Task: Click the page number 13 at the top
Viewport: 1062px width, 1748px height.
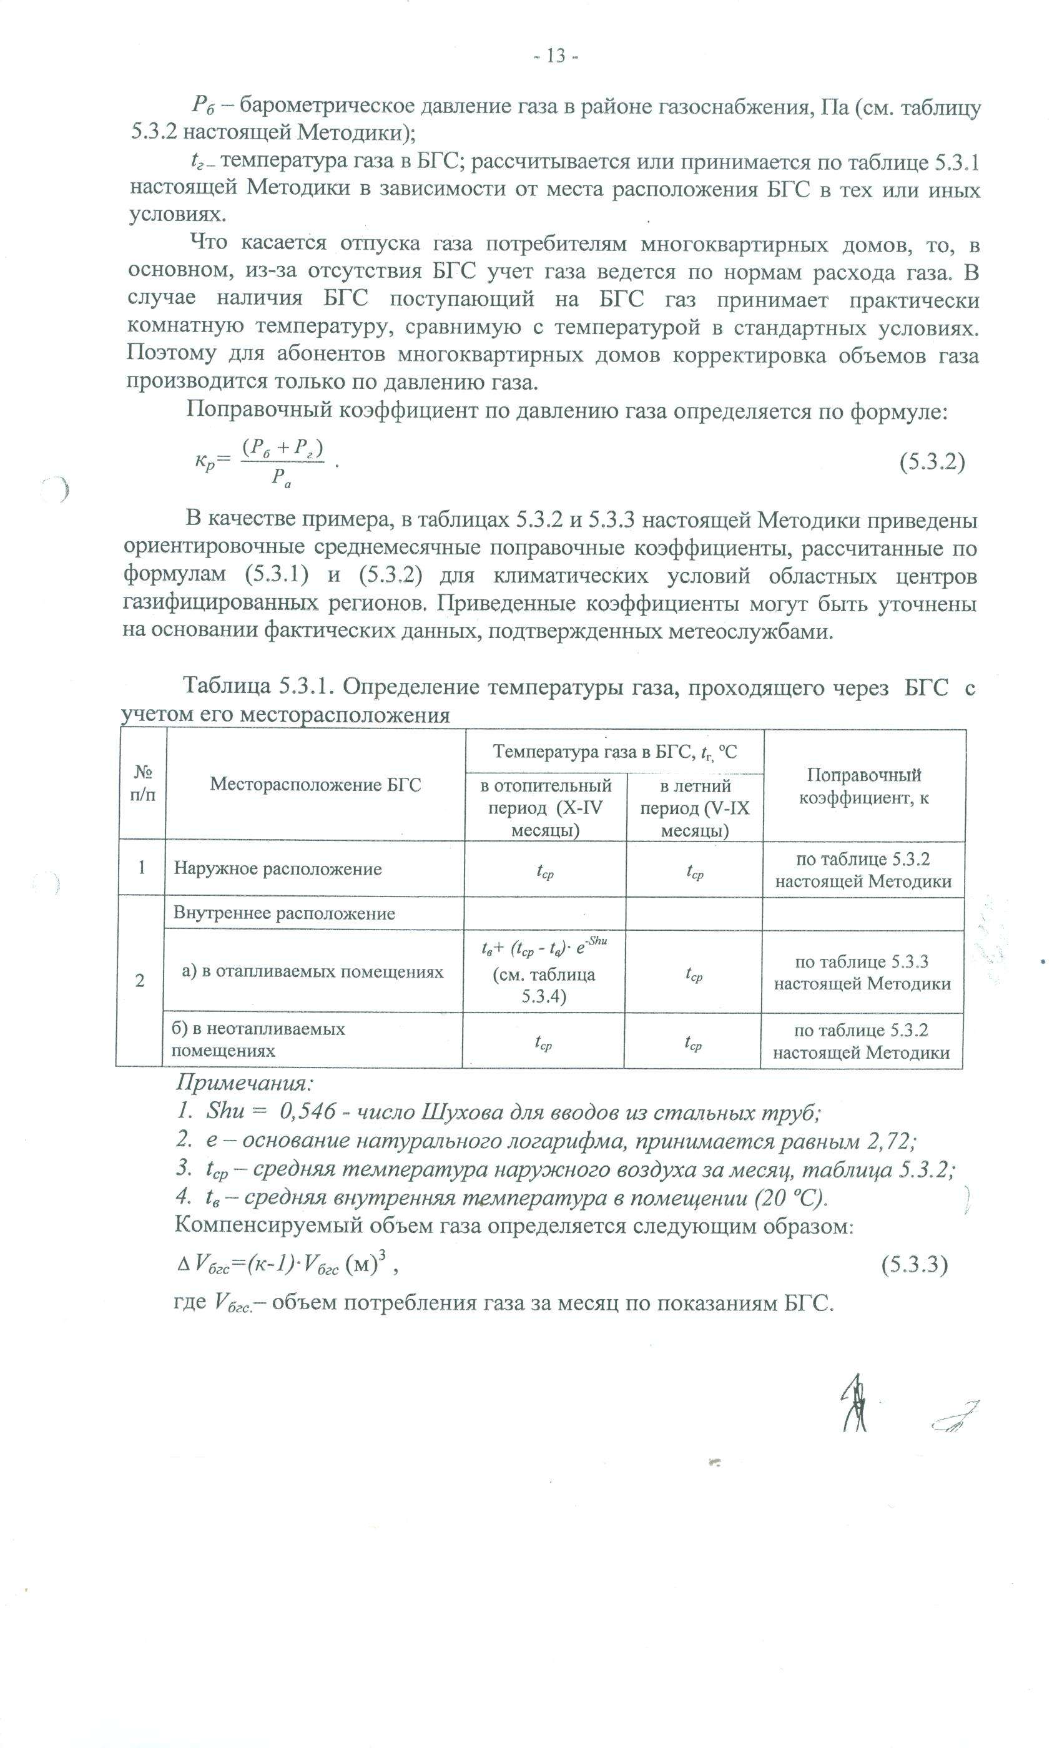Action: click(556, 56)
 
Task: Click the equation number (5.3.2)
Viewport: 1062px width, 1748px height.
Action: click(932, 462)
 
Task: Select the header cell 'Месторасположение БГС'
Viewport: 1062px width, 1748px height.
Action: click(315, 785)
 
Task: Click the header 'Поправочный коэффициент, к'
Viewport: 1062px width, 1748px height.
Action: click(863, 785)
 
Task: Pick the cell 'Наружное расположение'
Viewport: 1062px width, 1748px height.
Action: click(278, 869)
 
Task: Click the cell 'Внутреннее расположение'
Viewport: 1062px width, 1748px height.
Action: click(284, 913)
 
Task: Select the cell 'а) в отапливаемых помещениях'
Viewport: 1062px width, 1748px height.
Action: click(313, 971)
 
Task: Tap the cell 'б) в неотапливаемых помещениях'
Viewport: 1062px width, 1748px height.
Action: click(259, 1039)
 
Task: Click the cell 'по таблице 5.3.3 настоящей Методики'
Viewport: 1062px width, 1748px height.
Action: click(862, 973)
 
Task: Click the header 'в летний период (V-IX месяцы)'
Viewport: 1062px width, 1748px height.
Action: click(694, 808)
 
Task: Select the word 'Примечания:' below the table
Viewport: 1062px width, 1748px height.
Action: click(245, 1084)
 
